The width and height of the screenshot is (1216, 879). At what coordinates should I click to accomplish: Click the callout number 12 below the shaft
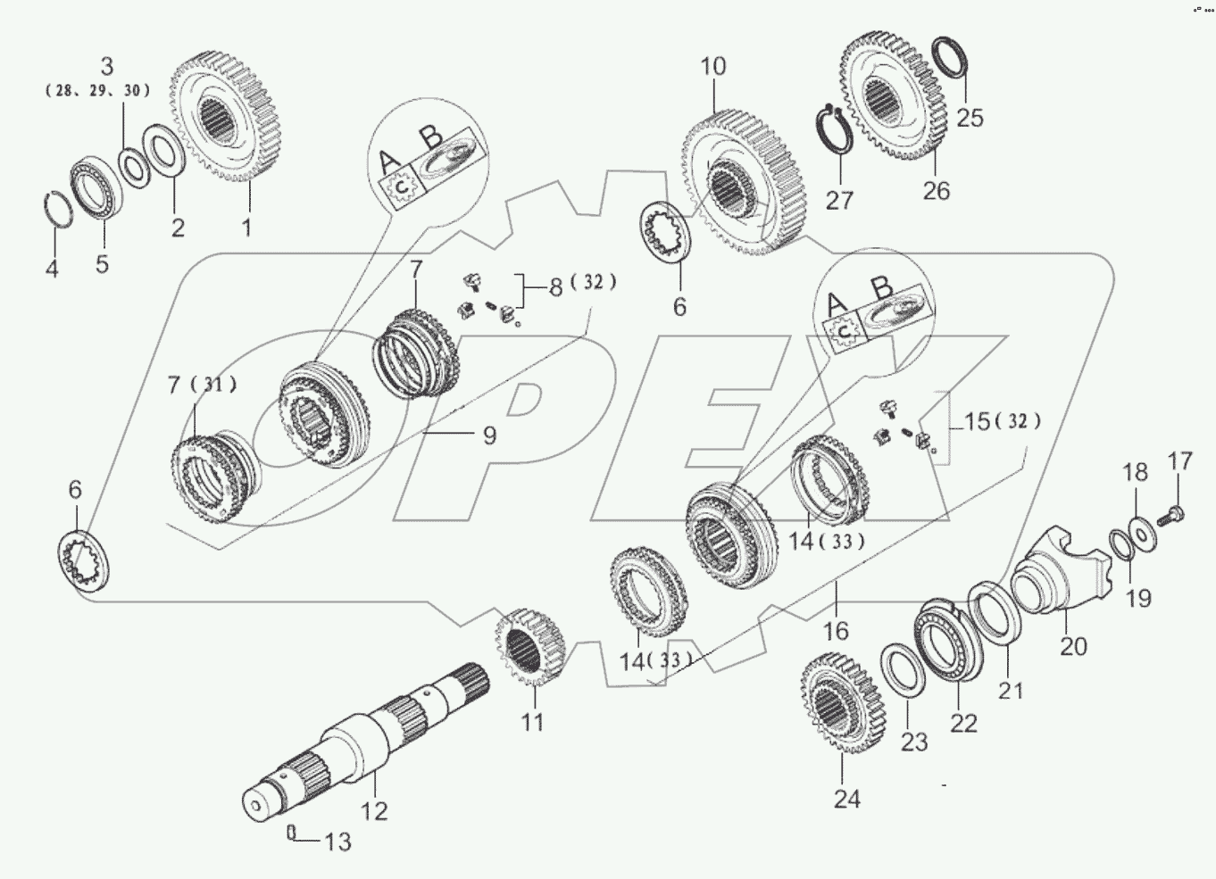(x=374, y=811)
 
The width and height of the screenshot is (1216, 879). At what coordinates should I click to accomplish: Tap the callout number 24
(x=846, y=799)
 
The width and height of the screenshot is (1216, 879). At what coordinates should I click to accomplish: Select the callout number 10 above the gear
(x=713, y=67)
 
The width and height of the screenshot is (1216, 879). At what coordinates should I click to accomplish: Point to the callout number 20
(x=1073, y=644)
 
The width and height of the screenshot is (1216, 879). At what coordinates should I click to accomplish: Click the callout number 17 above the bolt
(x=1179, y=462)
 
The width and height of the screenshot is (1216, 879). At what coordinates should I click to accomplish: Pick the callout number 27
(x=839, y=199)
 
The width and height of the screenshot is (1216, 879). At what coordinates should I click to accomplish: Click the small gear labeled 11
(x=532, y=648)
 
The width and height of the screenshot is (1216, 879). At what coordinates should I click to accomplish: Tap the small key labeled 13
(x=290, y=832)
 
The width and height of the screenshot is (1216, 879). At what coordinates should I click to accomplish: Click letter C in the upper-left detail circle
(x=404, y=185)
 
